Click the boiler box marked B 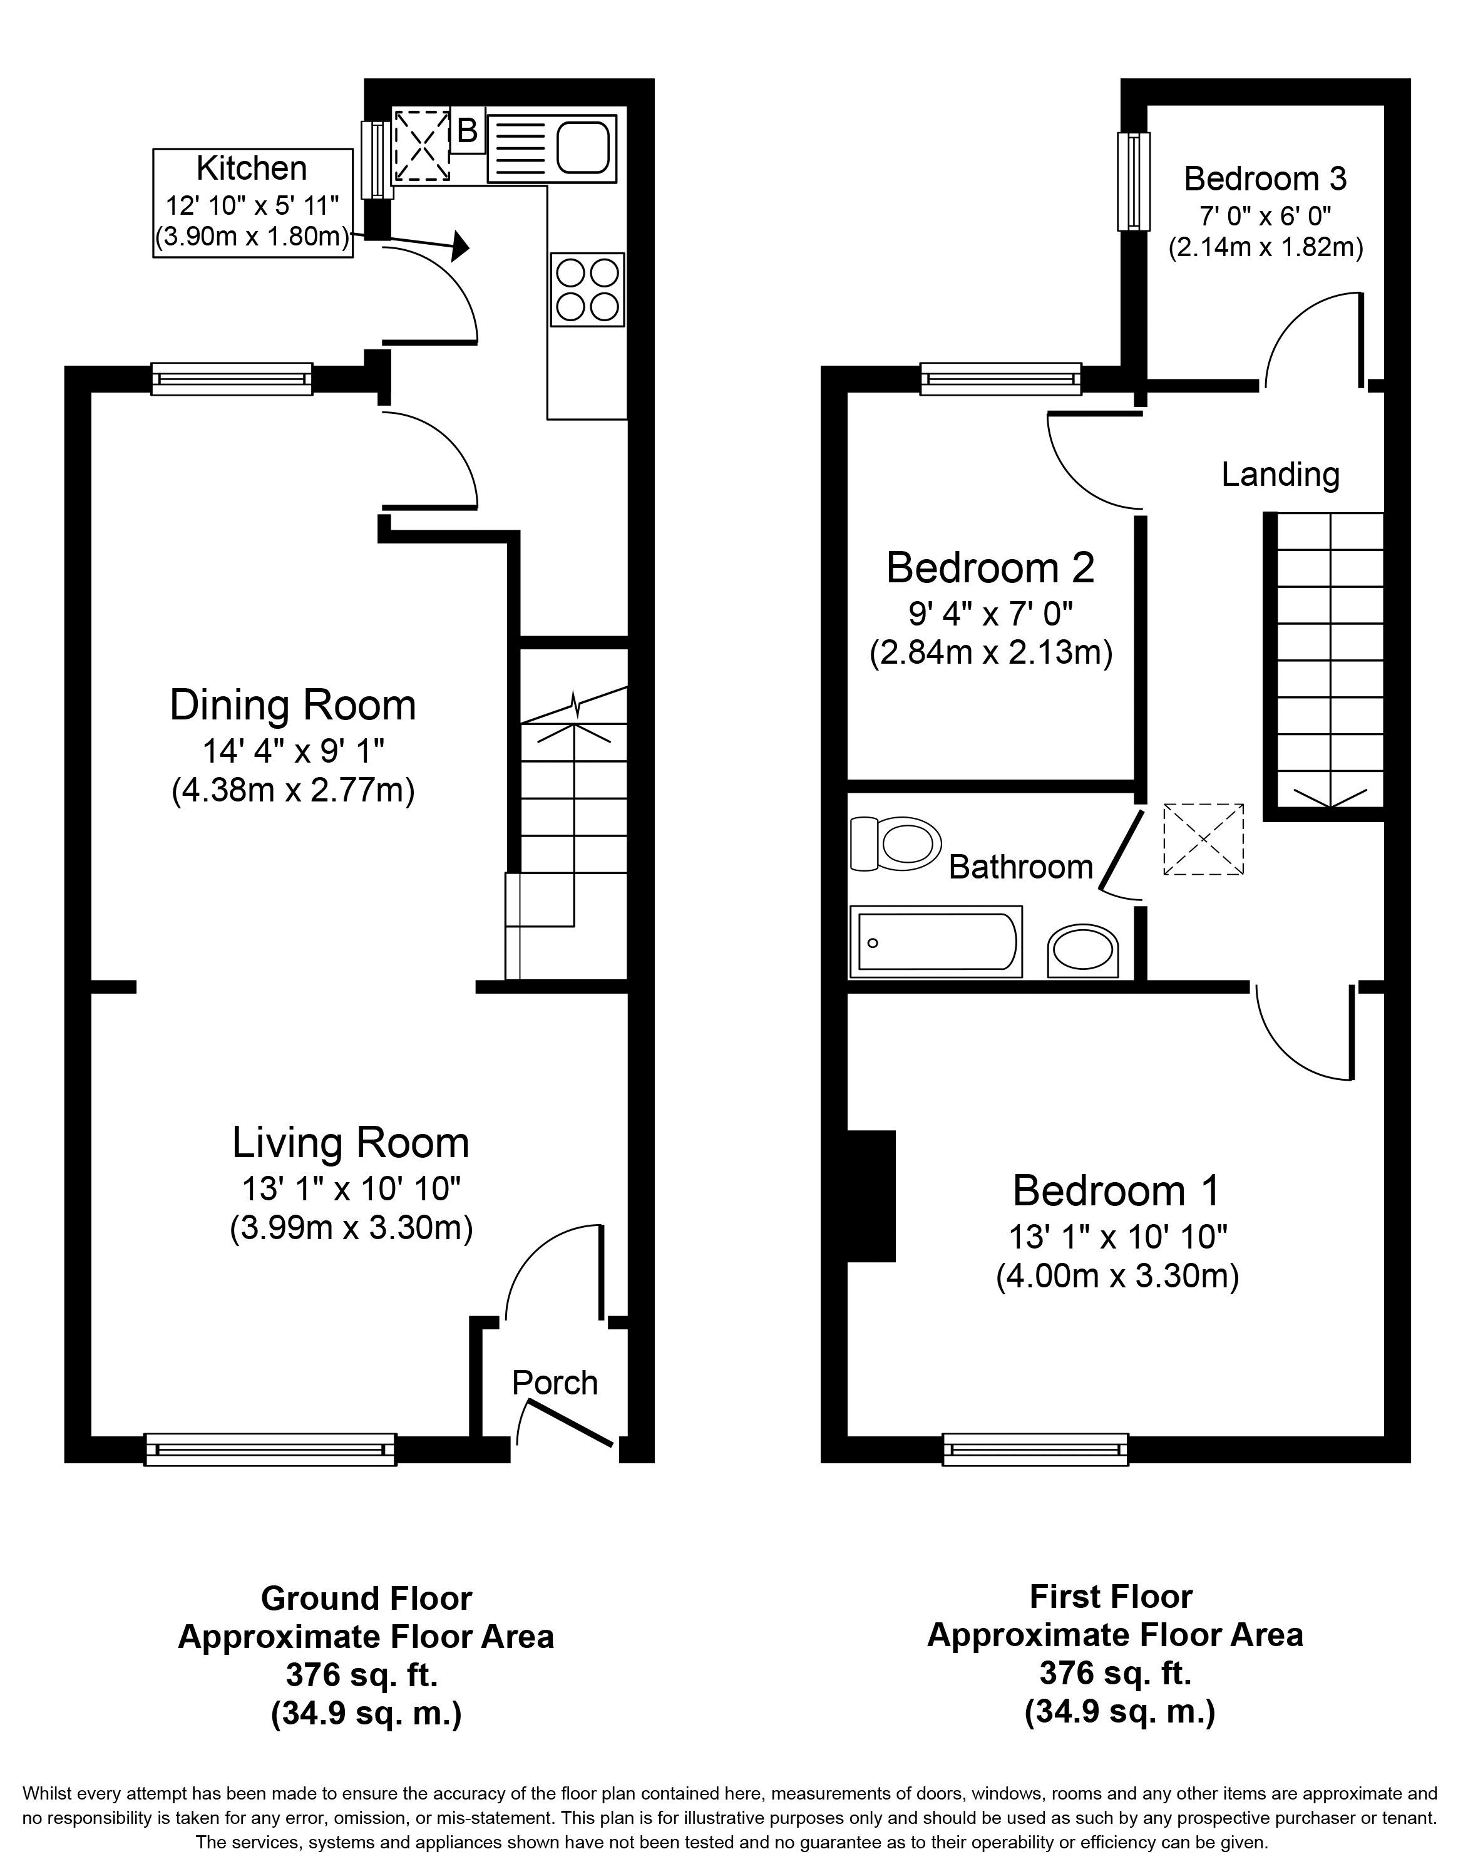(467, 130)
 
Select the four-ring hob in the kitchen (587, 290)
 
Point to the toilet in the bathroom (895, 843)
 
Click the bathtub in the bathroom (935, 942)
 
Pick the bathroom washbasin (1082, 951)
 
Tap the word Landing (1280, 475)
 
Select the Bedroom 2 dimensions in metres (990, 652)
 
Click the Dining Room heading (292, 705)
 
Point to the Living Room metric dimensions (351, 1227)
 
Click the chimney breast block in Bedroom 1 (871, 1196)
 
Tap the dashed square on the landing (1203, 839)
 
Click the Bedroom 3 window (1133, 182)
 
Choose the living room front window (270, 1449)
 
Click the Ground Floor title (366, 1599)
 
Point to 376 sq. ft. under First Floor (1116, 1672)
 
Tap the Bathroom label (1020, 867)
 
